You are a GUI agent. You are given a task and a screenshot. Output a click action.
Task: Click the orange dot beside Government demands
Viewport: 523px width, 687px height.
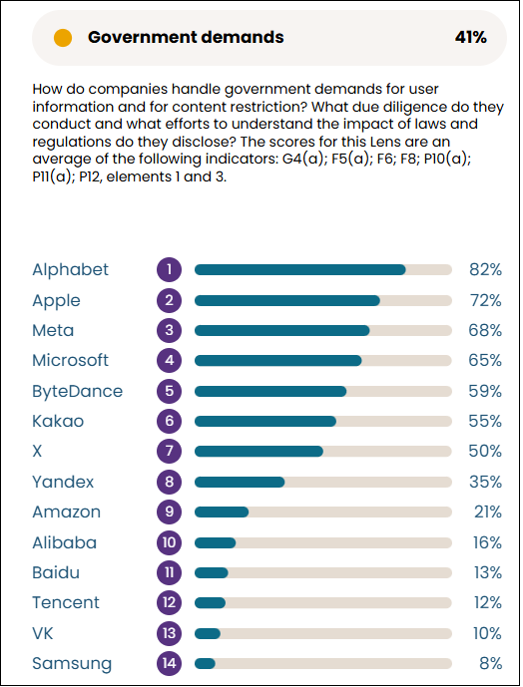point(63,38)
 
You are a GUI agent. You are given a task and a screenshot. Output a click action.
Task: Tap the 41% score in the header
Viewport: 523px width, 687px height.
point(470,38)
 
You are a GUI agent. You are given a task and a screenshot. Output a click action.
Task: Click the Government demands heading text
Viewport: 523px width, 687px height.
point(186,38)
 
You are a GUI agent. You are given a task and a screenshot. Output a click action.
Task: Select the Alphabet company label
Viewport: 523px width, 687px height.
point(70,269)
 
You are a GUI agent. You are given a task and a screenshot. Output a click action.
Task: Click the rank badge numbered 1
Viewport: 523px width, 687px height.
point(170,269)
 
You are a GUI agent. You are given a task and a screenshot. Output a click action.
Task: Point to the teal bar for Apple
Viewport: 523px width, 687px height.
point(286,300)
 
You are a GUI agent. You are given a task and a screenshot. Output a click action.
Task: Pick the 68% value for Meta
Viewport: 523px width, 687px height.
point(485,330)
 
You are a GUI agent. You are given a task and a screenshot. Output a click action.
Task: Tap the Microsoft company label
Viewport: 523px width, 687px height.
point(70,360)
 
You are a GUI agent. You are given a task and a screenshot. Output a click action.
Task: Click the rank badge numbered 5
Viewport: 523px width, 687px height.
point(170,391)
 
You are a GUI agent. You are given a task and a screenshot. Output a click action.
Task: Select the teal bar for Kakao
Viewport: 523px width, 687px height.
point(264,421)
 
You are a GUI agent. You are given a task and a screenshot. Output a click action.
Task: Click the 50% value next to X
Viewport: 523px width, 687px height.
point(485,451)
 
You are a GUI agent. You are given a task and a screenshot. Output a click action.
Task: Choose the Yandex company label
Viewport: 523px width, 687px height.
point(63,482)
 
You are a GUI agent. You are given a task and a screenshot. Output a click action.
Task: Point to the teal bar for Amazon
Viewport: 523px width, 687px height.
point(222,512)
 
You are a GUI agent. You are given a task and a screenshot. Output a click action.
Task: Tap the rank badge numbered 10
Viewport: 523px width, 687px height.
point(170,542)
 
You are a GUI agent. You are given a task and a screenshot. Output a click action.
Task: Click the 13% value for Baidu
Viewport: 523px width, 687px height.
point(485,572)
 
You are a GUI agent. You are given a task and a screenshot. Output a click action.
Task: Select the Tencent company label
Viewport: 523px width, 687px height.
point(66,602)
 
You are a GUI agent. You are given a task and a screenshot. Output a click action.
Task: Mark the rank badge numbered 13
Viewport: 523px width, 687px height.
point(170,633)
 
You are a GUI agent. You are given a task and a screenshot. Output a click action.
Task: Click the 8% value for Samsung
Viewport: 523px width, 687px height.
point(489,663)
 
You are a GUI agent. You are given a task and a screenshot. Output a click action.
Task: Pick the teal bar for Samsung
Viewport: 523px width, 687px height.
point(205,663)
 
